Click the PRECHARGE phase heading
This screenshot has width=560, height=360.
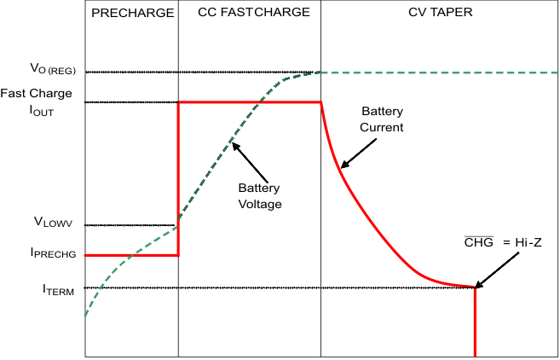[133, 13]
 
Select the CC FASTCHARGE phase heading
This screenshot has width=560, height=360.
[253, 12]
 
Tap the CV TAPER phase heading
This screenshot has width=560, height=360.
[441, 12]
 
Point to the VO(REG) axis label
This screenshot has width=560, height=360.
[53, 68]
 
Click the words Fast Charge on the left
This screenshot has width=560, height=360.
[36, 93]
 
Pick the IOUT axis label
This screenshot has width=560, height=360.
[42, 111]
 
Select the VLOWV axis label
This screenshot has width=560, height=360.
[53, 222]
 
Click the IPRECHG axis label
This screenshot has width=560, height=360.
[53, 253]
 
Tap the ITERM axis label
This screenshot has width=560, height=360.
[59, 289]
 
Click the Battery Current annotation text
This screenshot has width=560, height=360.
[382, 119]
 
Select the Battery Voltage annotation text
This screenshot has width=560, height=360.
[260, 196]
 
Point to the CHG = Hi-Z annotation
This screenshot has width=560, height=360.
[503, 242]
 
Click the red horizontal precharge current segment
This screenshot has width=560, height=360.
[132, 255]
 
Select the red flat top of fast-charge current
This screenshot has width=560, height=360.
[250, 102]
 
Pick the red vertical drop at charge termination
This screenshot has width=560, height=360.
[475, 322]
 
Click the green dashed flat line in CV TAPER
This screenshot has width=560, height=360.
[439, 73]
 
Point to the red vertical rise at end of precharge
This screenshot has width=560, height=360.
[178, 179]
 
